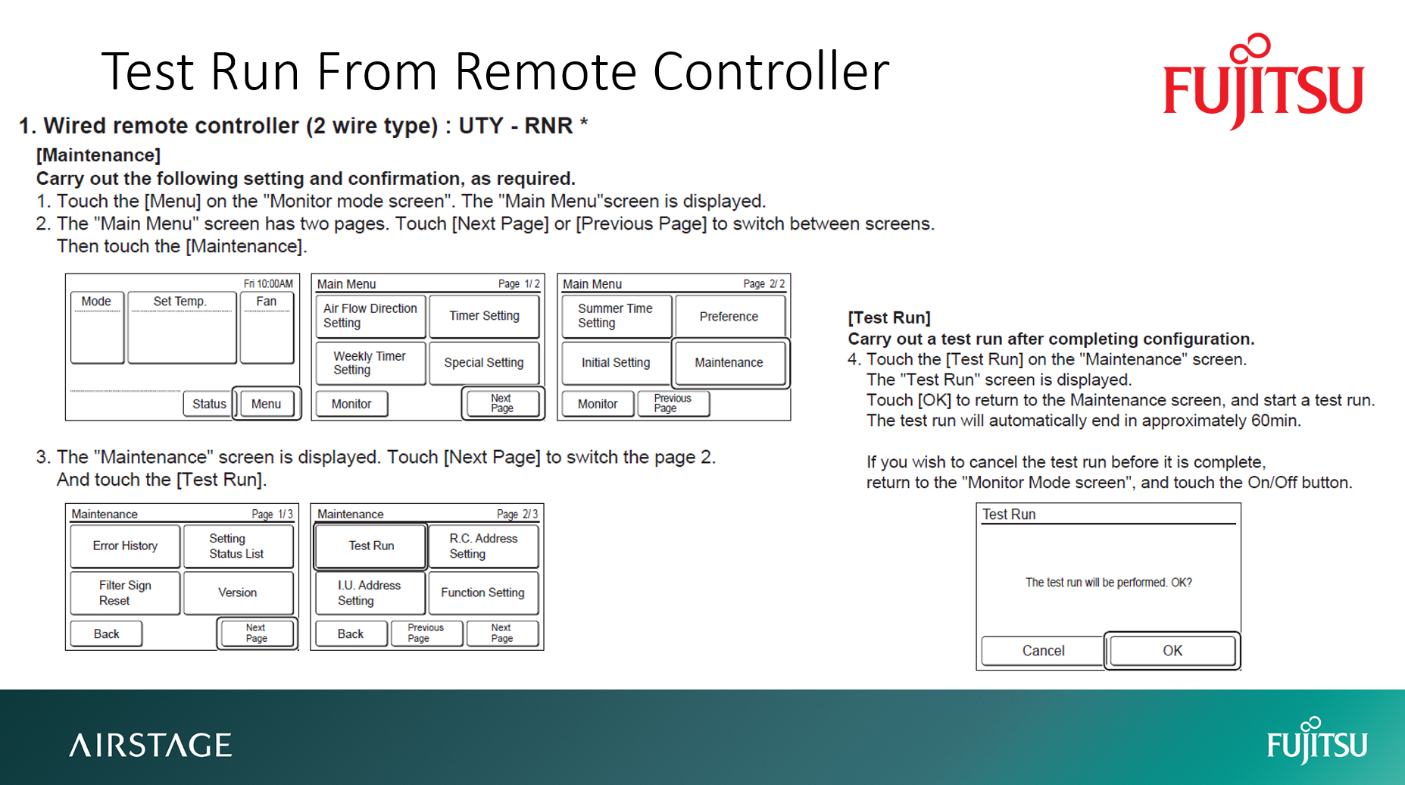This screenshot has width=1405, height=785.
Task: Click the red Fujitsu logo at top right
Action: tap(1263, 83)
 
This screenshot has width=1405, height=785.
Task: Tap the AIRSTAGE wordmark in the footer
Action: tap(151, 745)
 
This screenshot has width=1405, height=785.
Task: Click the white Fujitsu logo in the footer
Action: tap(1316, 742)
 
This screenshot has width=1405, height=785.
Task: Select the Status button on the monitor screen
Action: tap(208, 404)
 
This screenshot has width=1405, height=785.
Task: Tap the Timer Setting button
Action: tap(484, 316)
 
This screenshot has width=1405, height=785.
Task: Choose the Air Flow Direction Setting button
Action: tap(370, 316)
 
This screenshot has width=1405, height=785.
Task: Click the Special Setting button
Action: tap(484, 363)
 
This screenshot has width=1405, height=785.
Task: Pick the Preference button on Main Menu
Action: tap(729, 317)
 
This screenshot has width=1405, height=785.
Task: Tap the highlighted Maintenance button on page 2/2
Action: tap(729, 363)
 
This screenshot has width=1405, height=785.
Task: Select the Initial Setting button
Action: tap(616, 363)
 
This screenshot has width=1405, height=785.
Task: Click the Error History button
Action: tap(125, 546)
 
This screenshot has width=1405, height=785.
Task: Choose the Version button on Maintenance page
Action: tap(238, 593)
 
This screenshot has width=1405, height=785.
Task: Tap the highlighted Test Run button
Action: tap(371, 546)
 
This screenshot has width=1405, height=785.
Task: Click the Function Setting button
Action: tap(482, 593)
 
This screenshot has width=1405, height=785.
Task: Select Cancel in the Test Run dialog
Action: tap(1043, 651)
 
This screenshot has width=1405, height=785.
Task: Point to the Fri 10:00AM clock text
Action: tap(268, 284)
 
